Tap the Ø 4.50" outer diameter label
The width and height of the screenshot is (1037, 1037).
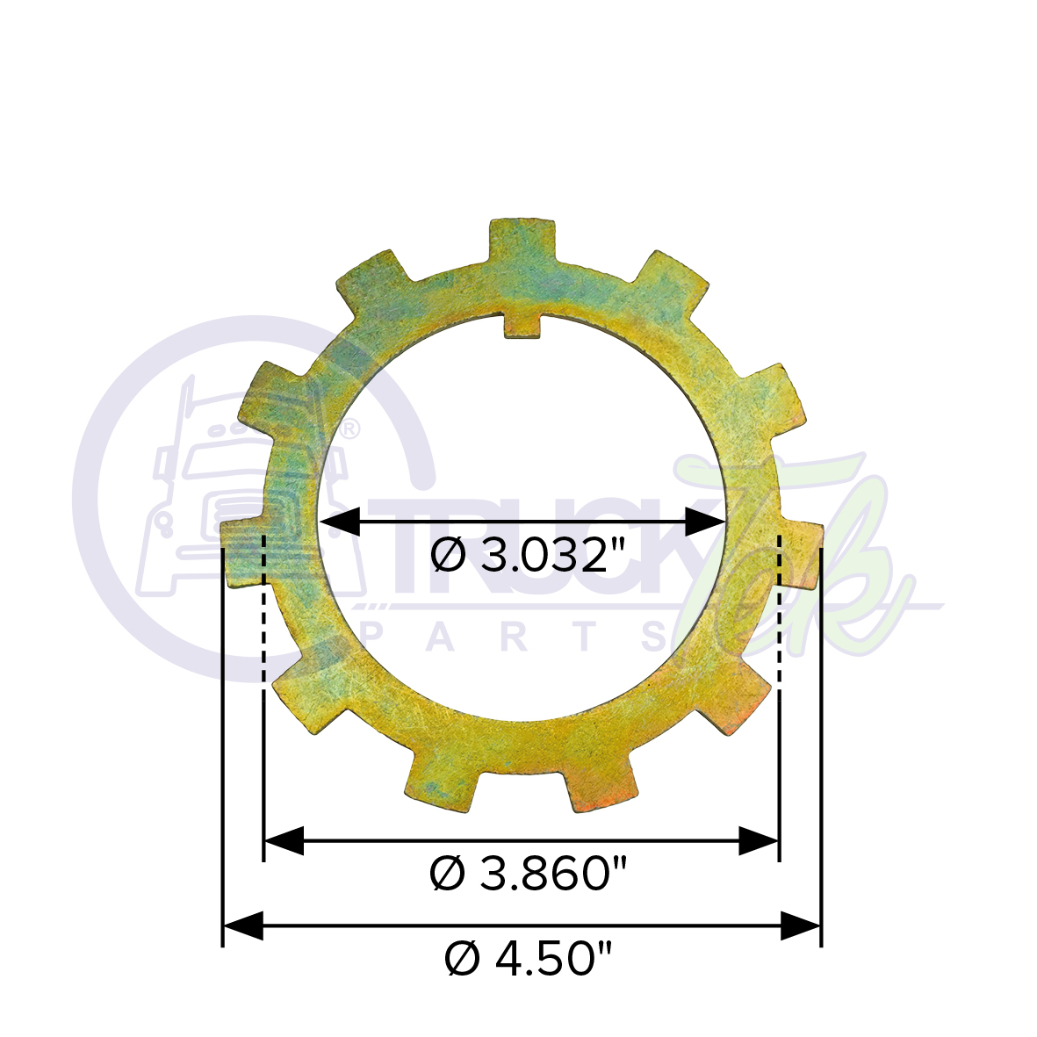(528, 958)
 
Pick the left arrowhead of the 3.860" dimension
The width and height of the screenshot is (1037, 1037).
(283, 840)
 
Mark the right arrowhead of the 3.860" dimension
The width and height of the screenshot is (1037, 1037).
(760, 840)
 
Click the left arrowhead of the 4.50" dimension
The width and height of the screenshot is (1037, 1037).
(242, 925)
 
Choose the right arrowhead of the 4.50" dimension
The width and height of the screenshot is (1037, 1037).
(801, 925)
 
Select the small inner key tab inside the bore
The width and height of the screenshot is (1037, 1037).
(522, 325)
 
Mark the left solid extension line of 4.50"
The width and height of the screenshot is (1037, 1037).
(223, 746)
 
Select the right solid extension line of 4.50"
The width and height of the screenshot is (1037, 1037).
(821, 746)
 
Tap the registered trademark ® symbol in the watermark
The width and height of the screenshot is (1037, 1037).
(349, 429)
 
